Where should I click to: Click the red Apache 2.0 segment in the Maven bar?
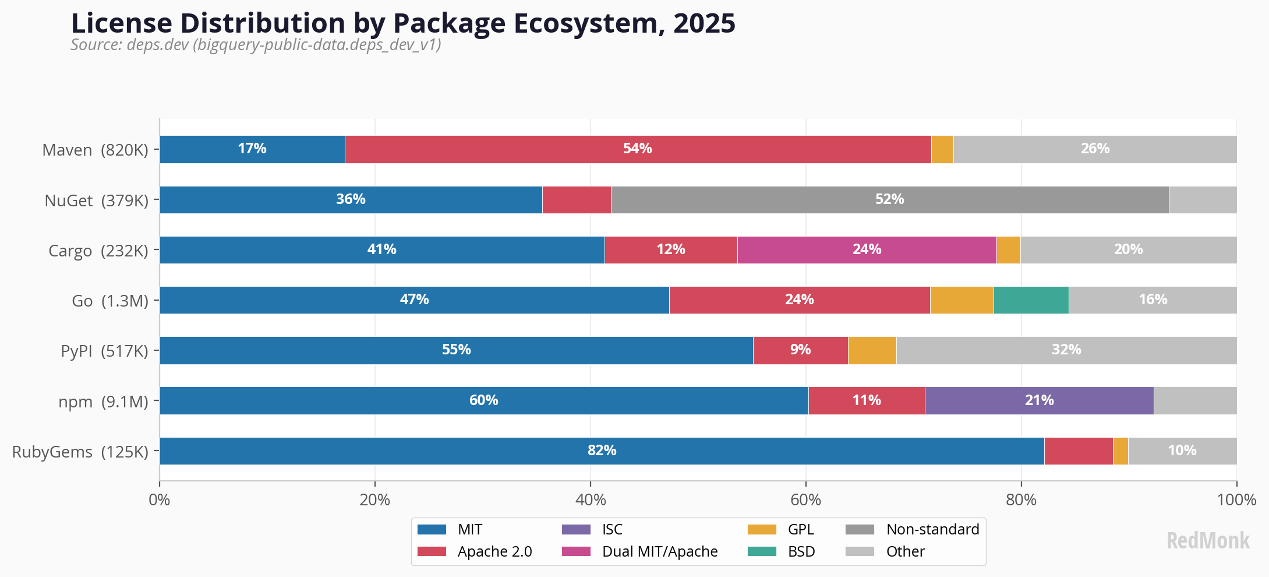point(638,149)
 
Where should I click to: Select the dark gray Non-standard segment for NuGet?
point(889,200)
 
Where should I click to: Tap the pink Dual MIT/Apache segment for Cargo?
point(867,250)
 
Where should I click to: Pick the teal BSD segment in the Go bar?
point(1031,300)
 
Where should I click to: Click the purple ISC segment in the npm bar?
point(1039,401)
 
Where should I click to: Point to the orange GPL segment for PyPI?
point(872,350)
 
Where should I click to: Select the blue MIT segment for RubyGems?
point(602,451)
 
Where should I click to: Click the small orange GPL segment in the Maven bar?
point(942,149)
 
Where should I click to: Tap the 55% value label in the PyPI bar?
point(456,350)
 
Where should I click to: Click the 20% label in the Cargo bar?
point(1128,249)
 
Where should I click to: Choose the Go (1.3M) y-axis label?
point(110,301)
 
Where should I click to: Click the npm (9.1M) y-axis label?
point(103,402)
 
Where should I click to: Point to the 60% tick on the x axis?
point(805,500)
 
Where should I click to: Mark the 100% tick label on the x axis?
point(1236,500)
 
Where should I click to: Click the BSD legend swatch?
point(762,551)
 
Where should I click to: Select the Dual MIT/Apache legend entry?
point(659,551)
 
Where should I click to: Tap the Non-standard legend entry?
point(932,529)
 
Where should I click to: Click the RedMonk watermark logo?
point(1208,541)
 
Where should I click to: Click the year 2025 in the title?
point(704,23)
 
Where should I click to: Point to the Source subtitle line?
point(256,45)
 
